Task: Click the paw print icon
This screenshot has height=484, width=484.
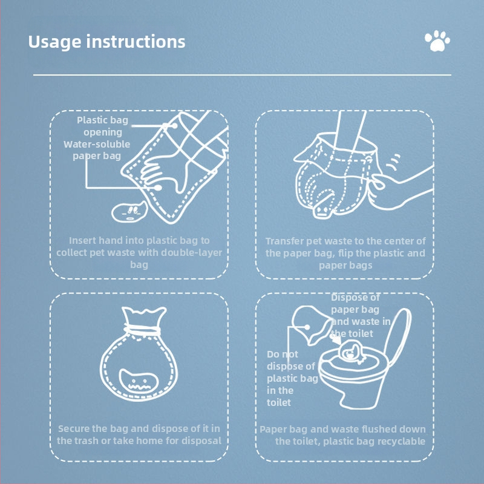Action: [437, 41]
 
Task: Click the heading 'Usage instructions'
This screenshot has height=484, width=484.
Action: [106, 42]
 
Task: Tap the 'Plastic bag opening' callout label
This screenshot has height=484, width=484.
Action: [102, 126]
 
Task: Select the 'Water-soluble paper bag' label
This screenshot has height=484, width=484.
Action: [97, 150]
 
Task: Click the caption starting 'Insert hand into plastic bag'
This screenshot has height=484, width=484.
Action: [139, 252]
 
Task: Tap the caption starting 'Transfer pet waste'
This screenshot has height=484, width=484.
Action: [345, 253]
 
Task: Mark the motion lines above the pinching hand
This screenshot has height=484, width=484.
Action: [394, 162]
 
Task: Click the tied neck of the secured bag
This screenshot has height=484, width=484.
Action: [142, 330]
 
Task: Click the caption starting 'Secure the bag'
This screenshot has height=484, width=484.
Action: [139, 434]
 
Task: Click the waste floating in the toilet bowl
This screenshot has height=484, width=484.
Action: [352, 352]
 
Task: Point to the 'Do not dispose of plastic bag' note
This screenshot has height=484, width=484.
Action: [292, 378]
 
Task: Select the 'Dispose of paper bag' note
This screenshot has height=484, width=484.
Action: [361, 315]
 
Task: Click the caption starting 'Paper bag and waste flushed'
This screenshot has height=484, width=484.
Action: [343, 435]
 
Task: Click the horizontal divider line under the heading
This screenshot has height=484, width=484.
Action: [243, 74]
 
